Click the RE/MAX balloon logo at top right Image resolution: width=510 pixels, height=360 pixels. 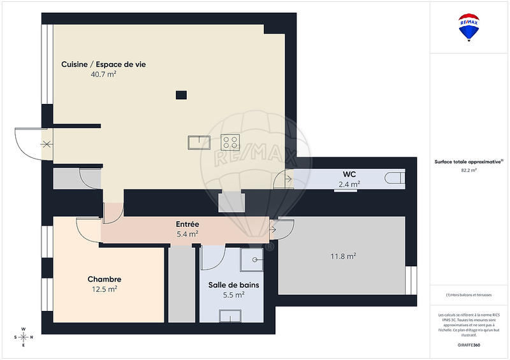[x=469, y=27]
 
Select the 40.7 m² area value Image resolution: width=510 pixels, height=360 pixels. [x=103, y=75]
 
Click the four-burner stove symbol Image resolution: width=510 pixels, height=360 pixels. [x=229, y=141]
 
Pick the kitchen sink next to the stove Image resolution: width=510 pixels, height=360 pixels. [x=199, y=141]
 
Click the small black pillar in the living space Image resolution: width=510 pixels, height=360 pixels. [x=182, y=95]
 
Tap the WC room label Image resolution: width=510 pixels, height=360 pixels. [x=349, y=174]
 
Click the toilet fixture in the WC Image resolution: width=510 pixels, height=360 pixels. [x=395, y=178]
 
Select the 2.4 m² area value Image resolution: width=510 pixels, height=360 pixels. [x=349, y=184]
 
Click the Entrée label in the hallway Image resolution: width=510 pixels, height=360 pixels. [x=187, y=224]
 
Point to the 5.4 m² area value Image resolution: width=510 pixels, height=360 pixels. [x=187, y=234]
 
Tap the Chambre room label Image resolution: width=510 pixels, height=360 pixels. [x=104, y=279]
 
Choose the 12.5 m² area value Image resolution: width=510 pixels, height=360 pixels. [x=104, y=289]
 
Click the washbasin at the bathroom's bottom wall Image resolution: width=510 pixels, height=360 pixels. [x=230, y=315]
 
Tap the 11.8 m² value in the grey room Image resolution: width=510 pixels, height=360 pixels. [x=343, y=257]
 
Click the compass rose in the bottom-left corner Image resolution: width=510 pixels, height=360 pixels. [x=24, y=336]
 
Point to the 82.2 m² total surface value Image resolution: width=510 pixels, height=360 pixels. [x=469, y=170]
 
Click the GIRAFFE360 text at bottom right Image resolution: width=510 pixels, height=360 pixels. [x=469, y=345]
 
